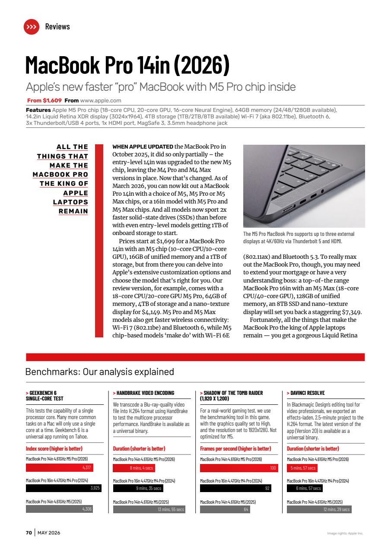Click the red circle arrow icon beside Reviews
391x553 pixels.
[x=31, y=27]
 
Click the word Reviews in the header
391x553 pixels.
[x=57, y=27]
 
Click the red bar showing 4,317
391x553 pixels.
[x=59, y=467]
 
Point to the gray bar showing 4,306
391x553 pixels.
[x=59, y=509]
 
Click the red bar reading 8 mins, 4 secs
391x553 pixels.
[x=134, y=468]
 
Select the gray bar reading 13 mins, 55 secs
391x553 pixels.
[x=149, y=509]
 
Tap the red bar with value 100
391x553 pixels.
[x=239, y=468]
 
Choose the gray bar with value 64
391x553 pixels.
[x=225, y=509]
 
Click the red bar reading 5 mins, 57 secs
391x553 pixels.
[x=302, y=468]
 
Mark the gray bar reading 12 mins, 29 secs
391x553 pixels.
[x=319, y=509]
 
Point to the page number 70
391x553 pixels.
[x=29, y=533]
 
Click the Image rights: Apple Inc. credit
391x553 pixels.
[x=345, y=533]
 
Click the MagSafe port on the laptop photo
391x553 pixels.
[x=287, y=210]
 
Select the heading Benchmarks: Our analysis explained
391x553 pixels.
[x=100, y=372]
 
